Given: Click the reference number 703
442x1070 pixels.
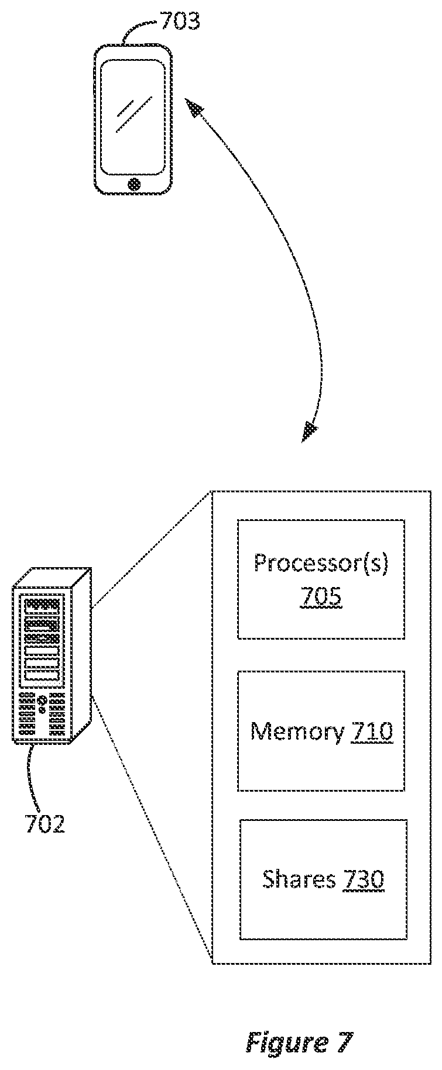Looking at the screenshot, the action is [x=180, y=22].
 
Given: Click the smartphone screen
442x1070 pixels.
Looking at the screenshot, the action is [x=133, y=117].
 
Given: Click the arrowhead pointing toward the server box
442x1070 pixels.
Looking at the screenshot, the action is [x=309, y=432].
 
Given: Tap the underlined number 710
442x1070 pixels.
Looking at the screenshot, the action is [x=372, y=732].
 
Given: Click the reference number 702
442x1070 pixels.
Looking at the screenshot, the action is [x=44, y=823].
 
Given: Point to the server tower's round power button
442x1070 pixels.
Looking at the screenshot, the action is [x=42, y=700].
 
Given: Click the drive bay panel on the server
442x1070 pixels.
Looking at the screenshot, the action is [x=40, y=639].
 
